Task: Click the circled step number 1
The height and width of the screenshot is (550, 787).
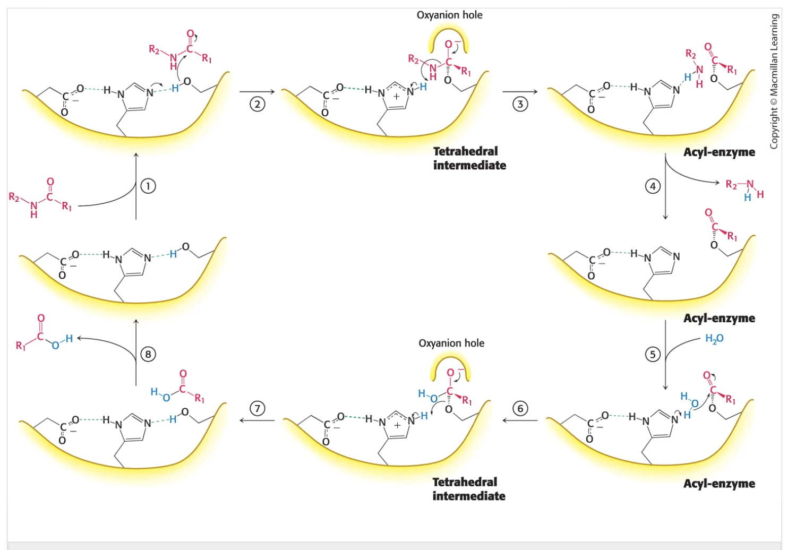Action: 148,186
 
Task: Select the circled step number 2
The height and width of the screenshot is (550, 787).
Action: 258,104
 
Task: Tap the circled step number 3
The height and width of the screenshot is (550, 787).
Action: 520,104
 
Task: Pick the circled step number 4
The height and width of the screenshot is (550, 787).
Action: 653,186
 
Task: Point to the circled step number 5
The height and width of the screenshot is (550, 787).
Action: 653,354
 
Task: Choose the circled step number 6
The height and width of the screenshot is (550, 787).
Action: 520,408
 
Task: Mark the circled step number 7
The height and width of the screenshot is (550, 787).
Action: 258,408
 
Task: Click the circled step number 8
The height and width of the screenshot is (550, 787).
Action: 148,354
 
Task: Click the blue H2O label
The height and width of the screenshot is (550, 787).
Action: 714,339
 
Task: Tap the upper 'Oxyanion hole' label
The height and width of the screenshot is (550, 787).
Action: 449,15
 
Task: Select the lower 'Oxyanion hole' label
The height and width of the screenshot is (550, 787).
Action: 451,343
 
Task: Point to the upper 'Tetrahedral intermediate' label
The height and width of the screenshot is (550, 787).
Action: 469,158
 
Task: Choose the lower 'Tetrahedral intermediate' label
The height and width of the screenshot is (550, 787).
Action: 468,489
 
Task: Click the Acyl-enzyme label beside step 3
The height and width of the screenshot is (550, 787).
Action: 719,152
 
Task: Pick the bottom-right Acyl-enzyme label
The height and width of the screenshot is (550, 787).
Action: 719,484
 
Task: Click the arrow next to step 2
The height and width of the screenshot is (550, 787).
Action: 257,92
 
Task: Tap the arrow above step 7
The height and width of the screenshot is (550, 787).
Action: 257,420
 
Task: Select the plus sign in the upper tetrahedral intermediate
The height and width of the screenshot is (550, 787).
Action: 396,97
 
